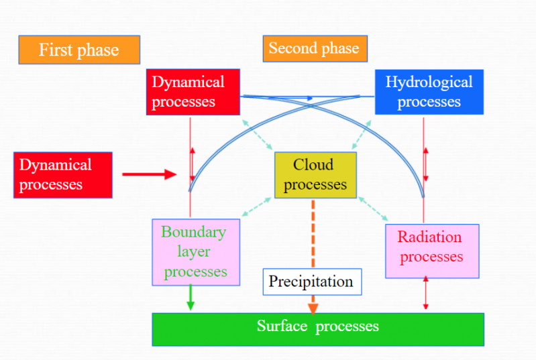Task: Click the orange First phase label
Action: click(79, 50)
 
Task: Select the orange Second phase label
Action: click(314, 48)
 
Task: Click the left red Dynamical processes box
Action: click(63, 175)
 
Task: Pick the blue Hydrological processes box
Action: click(429, 92)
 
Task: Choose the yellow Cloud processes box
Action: click(315, 175)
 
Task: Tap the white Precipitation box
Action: click(311, 282)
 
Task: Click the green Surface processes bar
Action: click(318, 327)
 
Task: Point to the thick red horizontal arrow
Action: click(149, 175)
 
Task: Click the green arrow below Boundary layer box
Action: click(191, 298)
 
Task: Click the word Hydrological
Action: click(429, 82)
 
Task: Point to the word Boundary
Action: click(193, 232)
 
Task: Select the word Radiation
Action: click(429, 237)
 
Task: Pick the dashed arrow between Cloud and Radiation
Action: click(373, 208)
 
